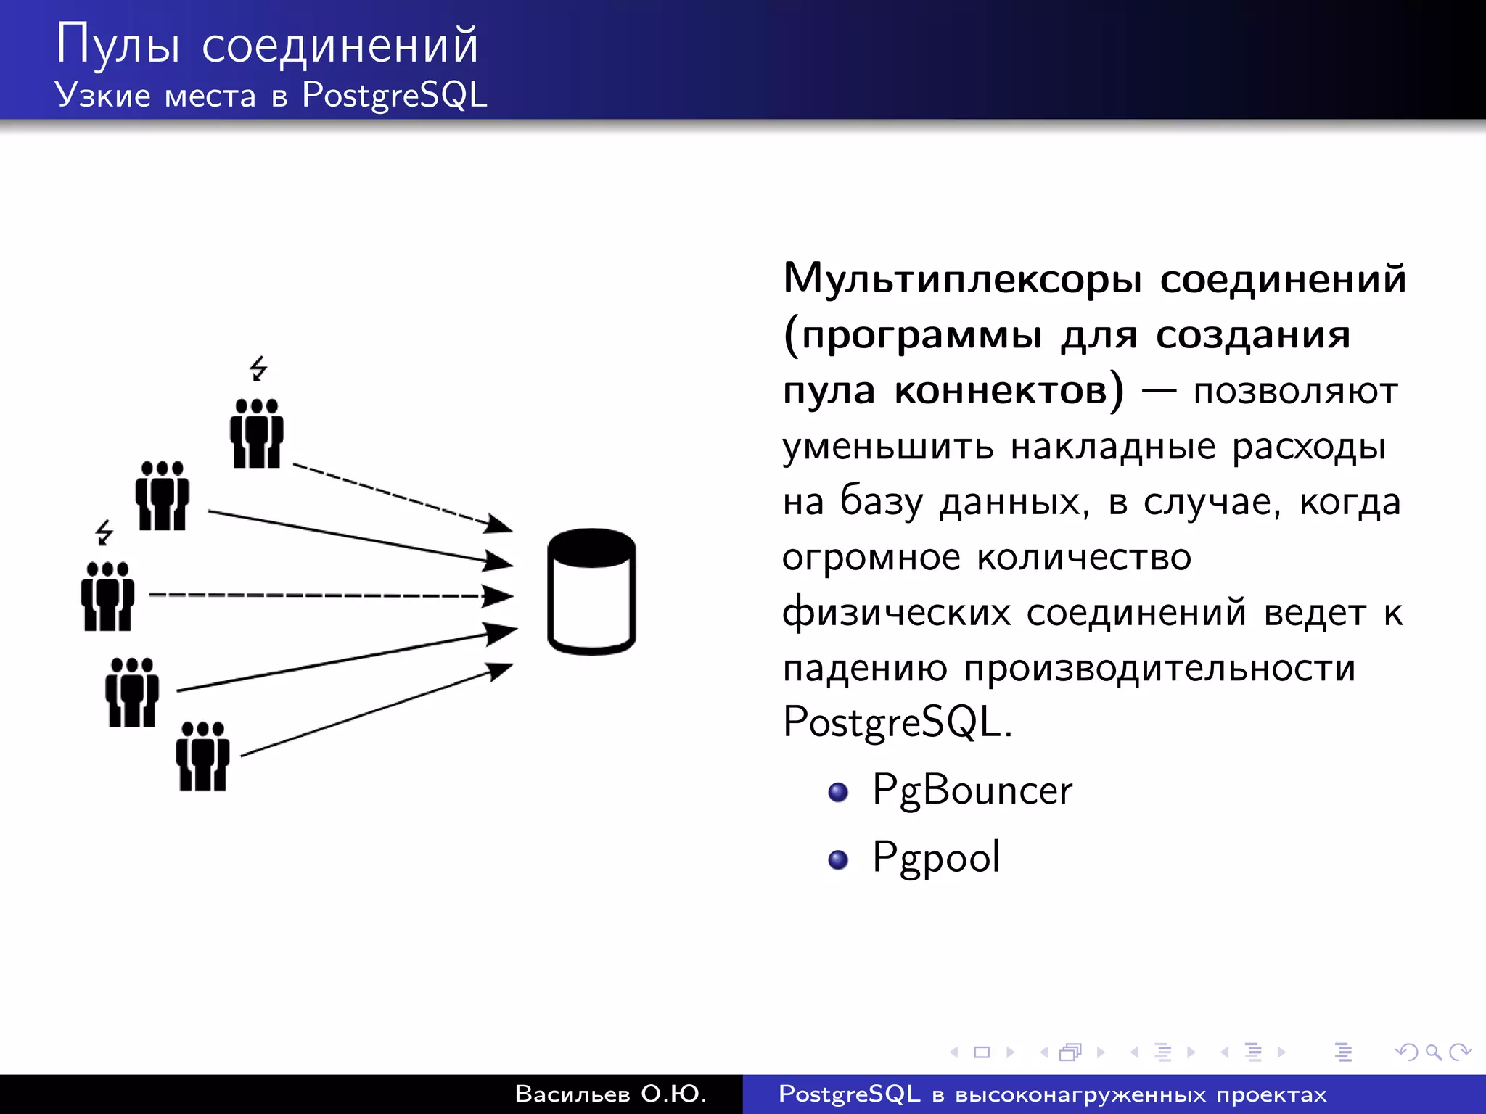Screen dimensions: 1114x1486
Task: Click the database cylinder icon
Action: click(x=591, y=592)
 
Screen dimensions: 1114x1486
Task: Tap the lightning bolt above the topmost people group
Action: click(x=258, y=368)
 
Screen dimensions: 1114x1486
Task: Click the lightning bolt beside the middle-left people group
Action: click(x=104, y=532)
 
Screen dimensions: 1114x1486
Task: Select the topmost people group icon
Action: click(x=256, y=433)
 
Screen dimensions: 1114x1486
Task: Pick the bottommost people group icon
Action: click(x=202, y=756)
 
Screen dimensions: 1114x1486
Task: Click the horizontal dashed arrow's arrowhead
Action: click(x=499, y=596)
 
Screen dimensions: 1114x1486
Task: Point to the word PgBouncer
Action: click(x=972, y=791)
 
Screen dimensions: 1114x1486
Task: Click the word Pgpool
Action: click(x=936, y=858)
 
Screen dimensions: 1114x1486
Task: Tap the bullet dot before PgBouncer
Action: click(x=838, y=792)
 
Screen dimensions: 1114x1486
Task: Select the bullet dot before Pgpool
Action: click(x=838, y=859)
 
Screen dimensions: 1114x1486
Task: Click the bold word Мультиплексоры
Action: click(x=962, y=279)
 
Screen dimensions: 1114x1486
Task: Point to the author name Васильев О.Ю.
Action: click(x=610, y=1094)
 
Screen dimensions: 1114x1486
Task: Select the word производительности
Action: click(x=1159, y=669)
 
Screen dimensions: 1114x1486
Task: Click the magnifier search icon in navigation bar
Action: click(x=1433, y=1052)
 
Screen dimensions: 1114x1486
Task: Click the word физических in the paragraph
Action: click(x=895, y=614)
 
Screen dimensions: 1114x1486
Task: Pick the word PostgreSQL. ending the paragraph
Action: click(x=897, y=723)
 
